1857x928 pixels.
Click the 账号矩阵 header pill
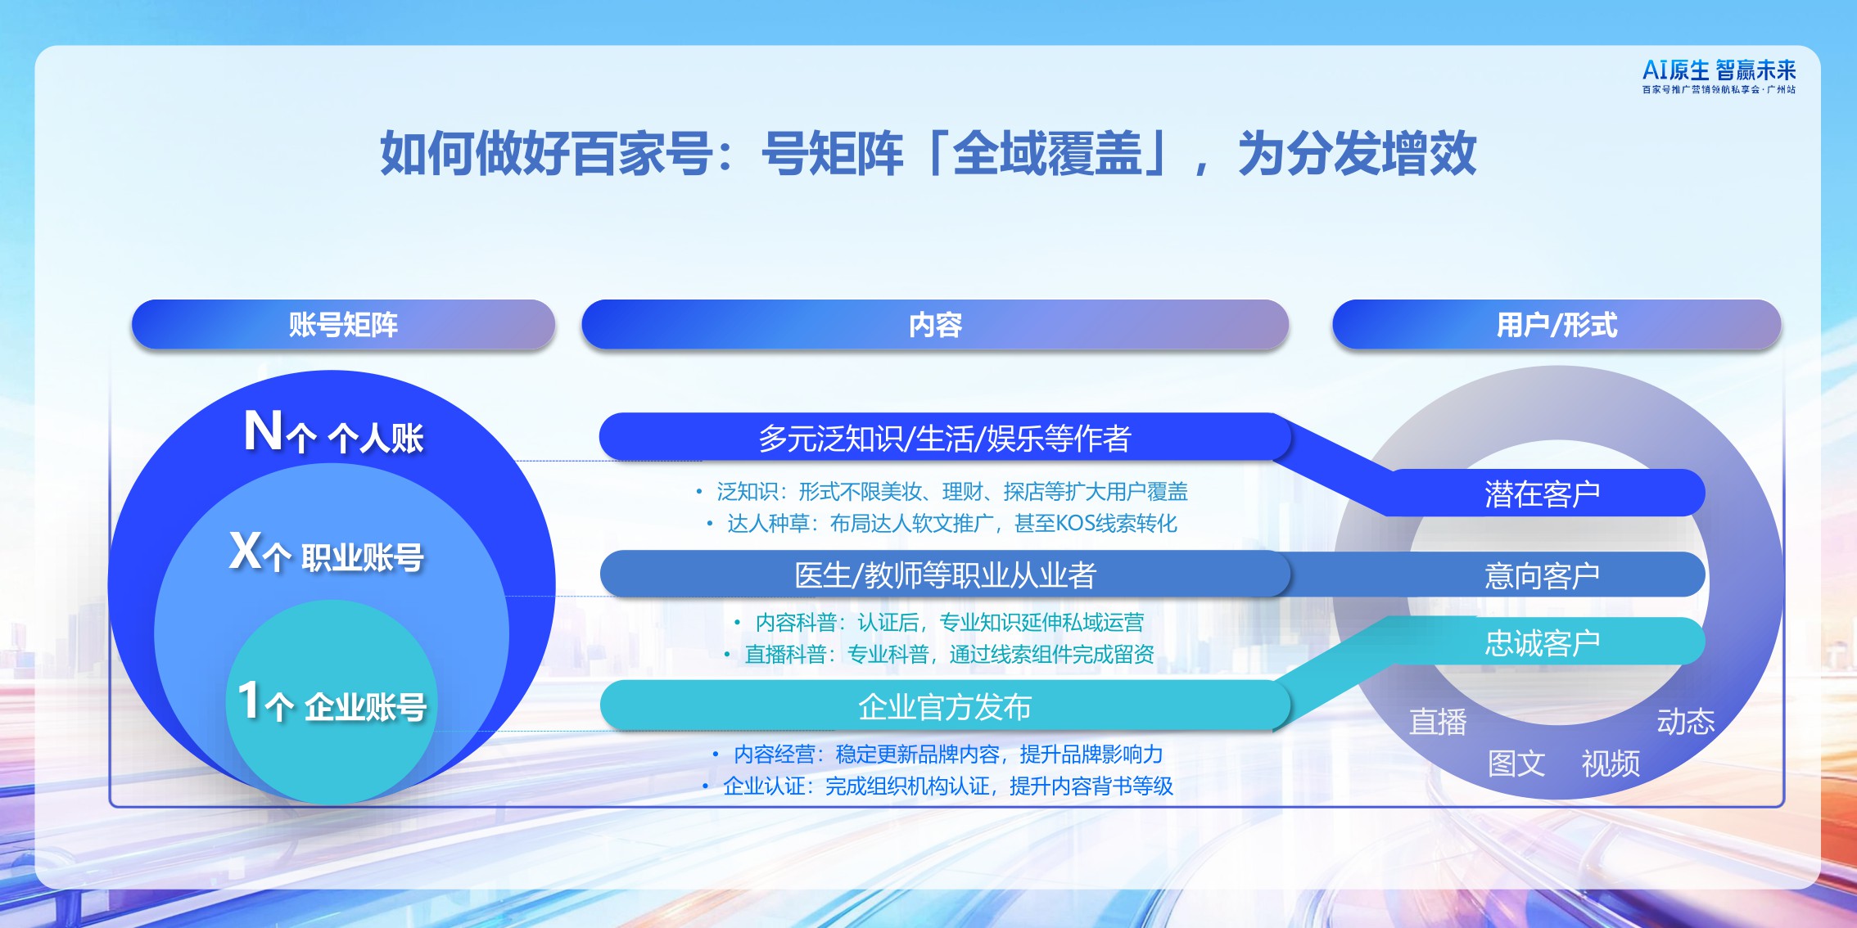click(343, 325)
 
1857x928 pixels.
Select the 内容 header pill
click(935, 325)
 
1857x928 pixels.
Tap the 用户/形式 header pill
click(1557, 325)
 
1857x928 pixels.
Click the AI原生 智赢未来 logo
click(1719, 76)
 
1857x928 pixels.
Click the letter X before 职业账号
click(245, 551)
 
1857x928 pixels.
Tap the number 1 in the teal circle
click(248, 701)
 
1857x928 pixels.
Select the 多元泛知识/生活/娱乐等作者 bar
click(944, 438)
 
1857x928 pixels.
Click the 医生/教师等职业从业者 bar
click(944, 574)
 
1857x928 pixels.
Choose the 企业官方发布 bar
click(944, 706)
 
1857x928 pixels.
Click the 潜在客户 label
click(1542, 493)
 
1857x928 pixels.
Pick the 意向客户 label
click(1542, 575)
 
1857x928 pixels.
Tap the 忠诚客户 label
click(1542, 642)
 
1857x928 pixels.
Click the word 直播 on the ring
click(1438, 722)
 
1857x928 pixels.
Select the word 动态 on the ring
click(1685, 721)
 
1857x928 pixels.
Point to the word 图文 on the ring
click(1516, 764)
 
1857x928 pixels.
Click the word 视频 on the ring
click(1611, 764)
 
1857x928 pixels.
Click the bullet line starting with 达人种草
click(951, 523)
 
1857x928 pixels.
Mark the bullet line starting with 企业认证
click(947, 786)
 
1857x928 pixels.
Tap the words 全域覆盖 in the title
click(1047, 153)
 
